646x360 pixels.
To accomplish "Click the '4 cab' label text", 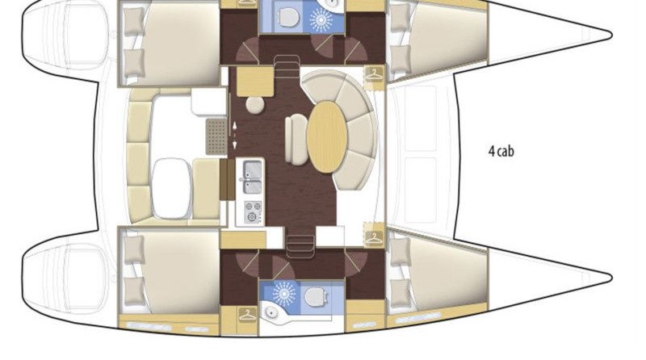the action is (x=501, y=151).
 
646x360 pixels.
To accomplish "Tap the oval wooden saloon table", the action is (x=327, y=136).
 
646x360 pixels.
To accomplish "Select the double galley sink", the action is (x=252, y=177).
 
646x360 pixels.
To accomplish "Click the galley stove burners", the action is (x=253, y=211).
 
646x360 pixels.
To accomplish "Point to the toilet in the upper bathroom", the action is (x=287, y=16).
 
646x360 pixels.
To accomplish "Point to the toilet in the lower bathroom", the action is (x=315, y=296).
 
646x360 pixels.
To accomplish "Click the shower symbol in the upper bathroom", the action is (x=321, y=19).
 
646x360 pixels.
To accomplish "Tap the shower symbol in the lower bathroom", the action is (x=284, y=294).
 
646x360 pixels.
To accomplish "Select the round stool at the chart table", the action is (x=255, y=105).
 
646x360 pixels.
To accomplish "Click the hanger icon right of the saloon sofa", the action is (x=374, y=74).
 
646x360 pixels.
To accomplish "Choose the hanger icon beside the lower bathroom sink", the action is (x=247, y=315).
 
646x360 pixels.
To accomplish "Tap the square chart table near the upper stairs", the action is (x=255, y=82).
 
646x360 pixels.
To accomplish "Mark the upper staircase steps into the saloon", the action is (x=287, y=66).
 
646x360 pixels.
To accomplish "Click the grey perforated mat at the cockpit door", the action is (x=216, y=136).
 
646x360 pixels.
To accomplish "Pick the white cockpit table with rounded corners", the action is (x=172, y=188).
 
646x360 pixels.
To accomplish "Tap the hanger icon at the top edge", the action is (x=247, y=2).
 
